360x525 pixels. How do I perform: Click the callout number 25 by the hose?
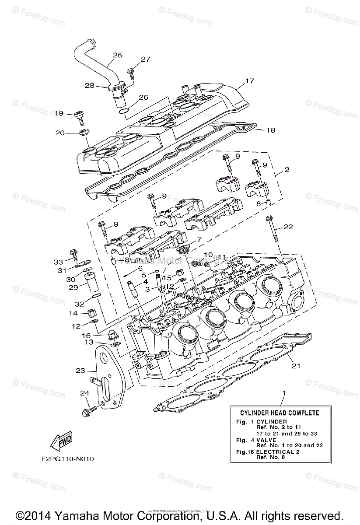pyautogui.click(x=117, y=55)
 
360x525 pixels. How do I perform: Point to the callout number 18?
pyautogui.click(x=271, y=130)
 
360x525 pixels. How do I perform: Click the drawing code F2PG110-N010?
pyautogui.click(x=65, y=459)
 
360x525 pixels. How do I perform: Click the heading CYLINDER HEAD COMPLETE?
pyautogui.click(x=280, y=413)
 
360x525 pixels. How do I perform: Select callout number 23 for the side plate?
pyautogui.click(x=80, y=371)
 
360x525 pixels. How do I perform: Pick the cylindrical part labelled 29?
pyautogui.click(x=92, y=282)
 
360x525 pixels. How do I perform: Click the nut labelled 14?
pyautogui.click(x=91, y=313)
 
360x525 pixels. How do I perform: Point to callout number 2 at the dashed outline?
pyautogui.click(x=287, y=170)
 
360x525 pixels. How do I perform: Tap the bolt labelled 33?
pyautogui.click(x=73, y=255)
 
